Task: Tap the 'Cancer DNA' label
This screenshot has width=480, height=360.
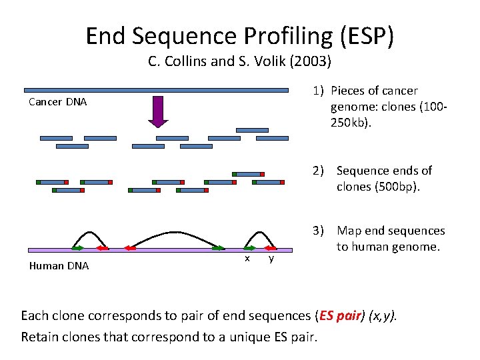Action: (x=57, y=103)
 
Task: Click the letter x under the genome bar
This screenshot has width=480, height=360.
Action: (x=247, y=258)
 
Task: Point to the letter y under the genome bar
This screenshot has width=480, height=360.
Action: (x=271, y=258)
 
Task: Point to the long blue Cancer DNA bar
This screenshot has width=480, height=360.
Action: (x=156, y=90)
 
